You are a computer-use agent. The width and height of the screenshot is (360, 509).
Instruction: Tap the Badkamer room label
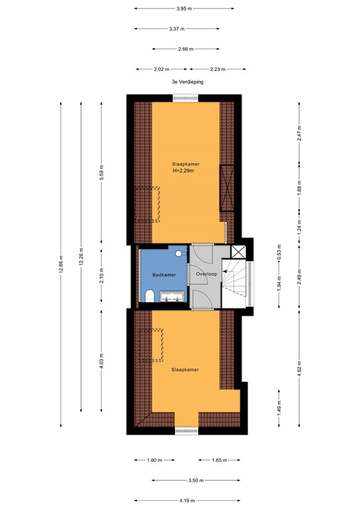coord(164,274)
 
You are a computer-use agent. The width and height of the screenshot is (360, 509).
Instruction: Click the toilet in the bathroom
coord(150,296)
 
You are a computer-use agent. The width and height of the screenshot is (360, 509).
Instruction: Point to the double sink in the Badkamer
coord(174,299)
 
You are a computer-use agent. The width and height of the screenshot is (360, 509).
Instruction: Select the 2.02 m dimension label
coord(162,69)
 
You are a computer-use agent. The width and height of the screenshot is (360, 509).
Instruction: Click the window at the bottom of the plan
coord(186,431)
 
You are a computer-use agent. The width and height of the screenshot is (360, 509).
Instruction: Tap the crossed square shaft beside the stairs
coord(238,251)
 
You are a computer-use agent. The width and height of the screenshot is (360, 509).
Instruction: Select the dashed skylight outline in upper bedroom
coord(147,204)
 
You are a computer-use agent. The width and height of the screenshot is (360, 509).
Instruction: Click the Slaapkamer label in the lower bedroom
coord(186,370)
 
